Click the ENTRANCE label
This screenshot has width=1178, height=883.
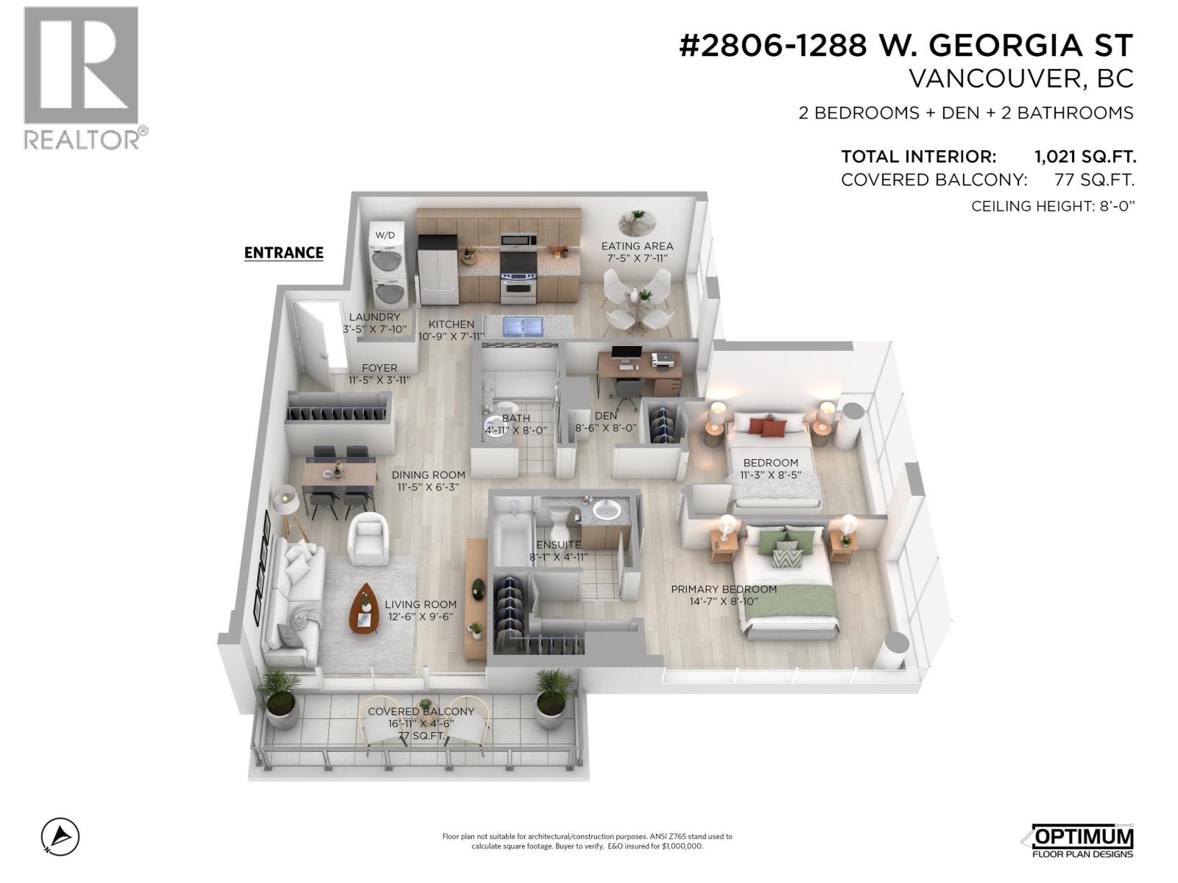click(x=283, y=252)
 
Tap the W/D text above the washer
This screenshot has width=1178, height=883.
click(x=385, y=235)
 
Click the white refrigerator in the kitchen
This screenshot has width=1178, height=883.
click(x=437, y=277)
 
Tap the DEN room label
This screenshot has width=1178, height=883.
click(x=606, y=416)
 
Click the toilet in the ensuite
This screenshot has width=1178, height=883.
click(x=557, y=524)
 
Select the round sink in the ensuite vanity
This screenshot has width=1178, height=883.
click(x=607, y=510)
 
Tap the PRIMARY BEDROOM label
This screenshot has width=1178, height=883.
click(x=723, y=589)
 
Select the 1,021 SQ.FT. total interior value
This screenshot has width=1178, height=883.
click(x=1084, y=157)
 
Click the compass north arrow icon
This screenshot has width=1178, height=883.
click(x=60, y=837)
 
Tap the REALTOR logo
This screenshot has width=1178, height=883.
click(x=82, y=77)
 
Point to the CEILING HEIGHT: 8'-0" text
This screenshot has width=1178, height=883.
click(x=1052, y=206)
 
